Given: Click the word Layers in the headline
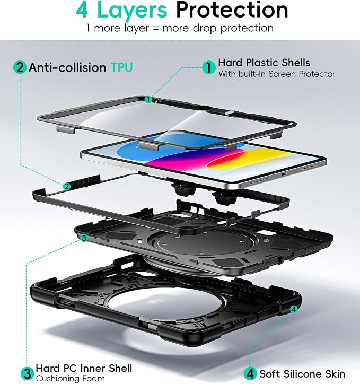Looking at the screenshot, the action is coord(132,10).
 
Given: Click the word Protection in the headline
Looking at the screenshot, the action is coord(232,10).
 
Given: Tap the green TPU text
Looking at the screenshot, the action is coord(121,67).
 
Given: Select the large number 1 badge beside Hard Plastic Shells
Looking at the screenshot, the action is coord(209,67).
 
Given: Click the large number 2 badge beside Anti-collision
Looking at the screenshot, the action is coord(20,67).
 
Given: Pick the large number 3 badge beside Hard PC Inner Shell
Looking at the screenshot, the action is coord(27,374).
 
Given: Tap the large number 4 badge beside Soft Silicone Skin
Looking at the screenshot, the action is coord(250,374).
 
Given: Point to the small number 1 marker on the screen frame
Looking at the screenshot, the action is coord(148,99).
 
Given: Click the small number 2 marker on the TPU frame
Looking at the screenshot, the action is coord(67,187).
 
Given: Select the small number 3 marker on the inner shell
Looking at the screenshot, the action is coord(84,238).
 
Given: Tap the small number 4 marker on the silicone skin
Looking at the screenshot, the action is coord(294,309).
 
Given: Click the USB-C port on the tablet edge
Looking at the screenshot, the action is coord(284,174).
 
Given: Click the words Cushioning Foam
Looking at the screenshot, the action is coord(70,379).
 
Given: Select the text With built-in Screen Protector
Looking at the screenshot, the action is coord(277,74).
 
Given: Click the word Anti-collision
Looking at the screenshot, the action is coord(67,67).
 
